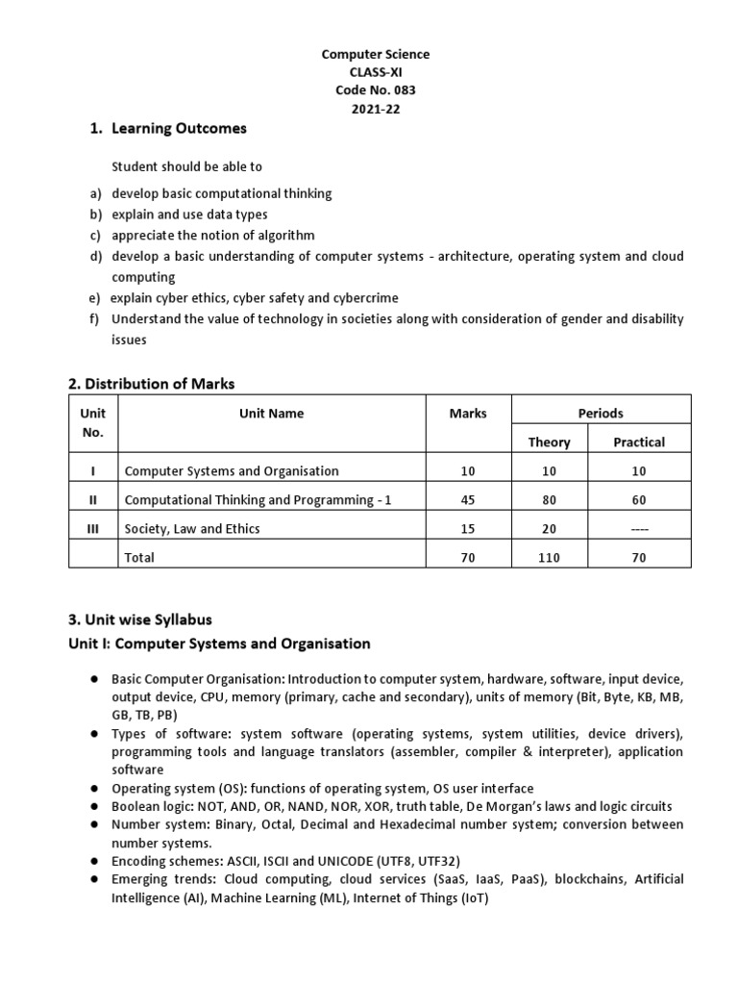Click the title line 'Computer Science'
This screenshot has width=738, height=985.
tap(375, 55)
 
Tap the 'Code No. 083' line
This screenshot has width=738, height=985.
tap(375, 90)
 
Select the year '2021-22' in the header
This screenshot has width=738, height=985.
tap(375, 109)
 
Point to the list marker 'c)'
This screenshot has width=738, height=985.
tap(95, 235)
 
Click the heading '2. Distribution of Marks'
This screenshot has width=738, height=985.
tap(152, 384)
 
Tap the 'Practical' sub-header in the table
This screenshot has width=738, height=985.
tap(639, 442)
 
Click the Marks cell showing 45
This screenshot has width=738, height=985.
tap(468, 499)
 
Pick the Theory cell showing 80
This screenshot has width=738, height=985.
tap(549, 499)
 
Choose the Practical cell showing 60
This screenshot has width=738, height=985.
tap(639, 499)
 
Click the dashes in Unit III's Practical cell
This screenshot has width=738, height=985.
tap(639, 528)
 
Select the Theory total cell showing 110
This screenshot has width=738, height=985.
tap(549, 557)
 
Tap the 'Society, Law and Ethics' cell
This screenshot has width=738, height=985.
tap(192, 528)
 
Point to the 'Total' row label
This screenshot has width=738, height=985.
tap(139, 557)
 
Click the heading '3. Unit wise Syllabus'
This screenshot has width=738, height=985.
tap(140, 619)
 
